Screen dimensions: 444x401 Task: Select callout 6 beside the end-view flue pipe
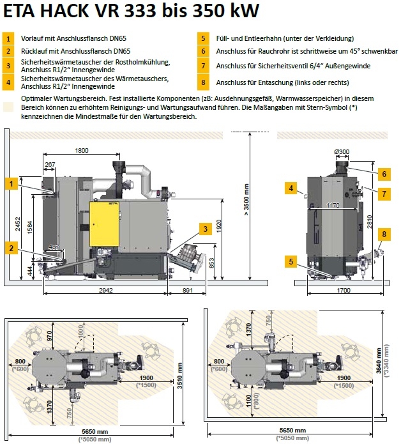point(384,174)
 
